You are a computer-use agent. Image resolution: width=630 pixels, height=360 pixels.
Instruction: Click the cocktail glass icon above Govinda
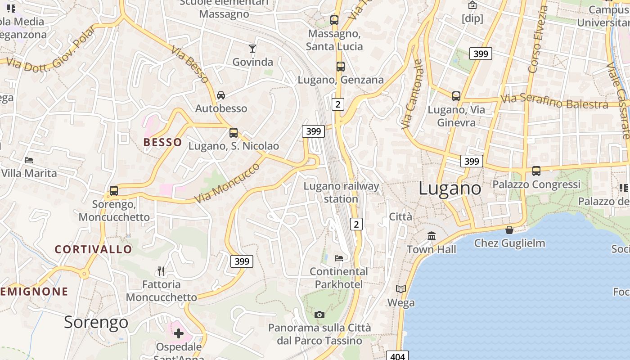[x=252, y=48]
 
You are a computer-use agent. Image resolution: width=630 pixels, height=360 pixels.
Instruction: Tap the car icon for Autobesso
[x=221, y=95]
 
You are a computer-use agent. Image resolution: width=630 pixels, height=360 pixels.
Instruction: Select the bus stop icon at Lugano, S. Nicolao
[x=233, y=133]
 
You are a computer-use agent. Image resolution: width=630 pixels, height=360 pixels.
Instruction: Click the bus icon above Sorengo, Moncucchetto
[x=114, y=191]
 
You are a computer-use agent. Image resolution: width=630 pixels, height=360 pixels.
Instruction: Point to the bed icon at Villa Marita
[x=29, y=160]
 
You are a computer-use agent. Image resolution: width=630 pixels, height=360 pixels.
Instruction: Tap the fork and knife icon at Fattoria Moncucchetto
[x=161, y=271]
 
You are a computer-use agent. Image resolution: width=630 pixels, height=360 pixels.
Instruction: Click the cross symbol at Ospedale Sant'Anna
[x=179, y=333]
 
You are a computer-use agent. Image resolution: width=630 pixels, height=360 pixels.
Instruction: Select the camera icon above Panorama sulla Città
[x=319, y=315]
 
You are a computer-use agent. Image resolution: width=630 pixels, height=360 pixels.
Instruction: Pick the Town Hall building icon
[x=432, y=236]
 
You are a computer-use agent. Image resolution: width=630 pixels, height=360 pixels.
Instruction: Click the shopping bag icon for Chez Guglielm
[x=509, y=230]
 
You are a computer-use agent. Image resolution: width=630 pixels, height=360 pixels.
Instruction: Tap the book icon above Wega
[x=401, y=289]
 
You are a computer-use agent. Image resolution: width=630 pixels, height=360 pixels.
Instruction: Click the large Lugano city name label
[x=450, y=188]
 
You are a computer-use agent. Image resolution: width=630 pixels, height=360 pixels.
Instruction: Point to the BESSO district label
[x=163, y=142]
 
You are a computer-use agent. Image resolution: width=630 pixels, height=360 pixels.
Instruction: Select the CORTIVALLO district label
[x=94, y=249]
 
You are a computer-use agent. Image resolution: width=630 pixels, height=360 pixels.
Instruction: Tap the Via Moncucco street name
[x=227, y=184]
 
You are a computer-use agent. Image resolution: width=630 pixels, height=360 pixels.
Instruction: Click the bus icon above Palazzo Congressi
[x=536, y=171]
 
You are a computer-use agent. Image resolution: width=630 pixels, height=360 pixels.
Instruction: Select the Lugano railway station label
[x=341, y=192]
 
